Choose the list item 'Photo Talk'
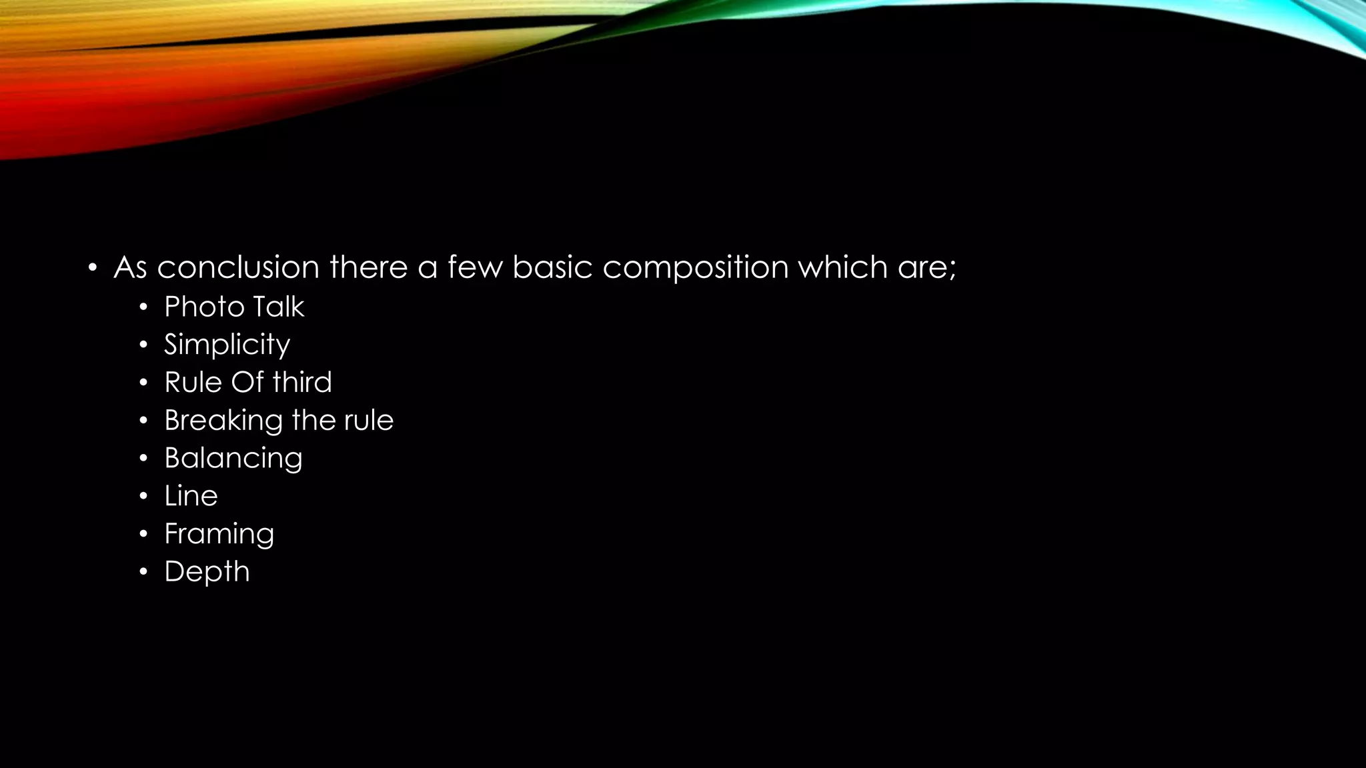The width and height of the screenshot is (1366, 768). point(234,307)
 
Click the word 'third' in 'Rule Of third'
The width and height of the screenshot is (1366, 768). point(302,382)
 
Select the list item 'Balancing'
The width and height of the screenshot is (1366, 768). point(233,459)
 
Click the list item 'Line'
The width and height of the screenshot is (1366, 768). point(191,496)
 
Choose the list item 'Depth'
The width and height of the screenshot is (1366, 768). point(207,572)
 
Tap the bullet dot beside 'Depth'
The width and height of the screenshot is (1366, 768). point(143,572)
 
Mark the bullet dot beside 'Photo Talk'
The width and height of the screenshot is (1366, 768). point(143,307)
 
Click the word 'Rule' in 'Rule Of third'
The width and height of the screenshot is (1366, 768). point(193,382)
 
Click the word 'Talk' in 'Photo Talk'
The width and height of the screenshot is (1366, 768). point(278,307)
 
